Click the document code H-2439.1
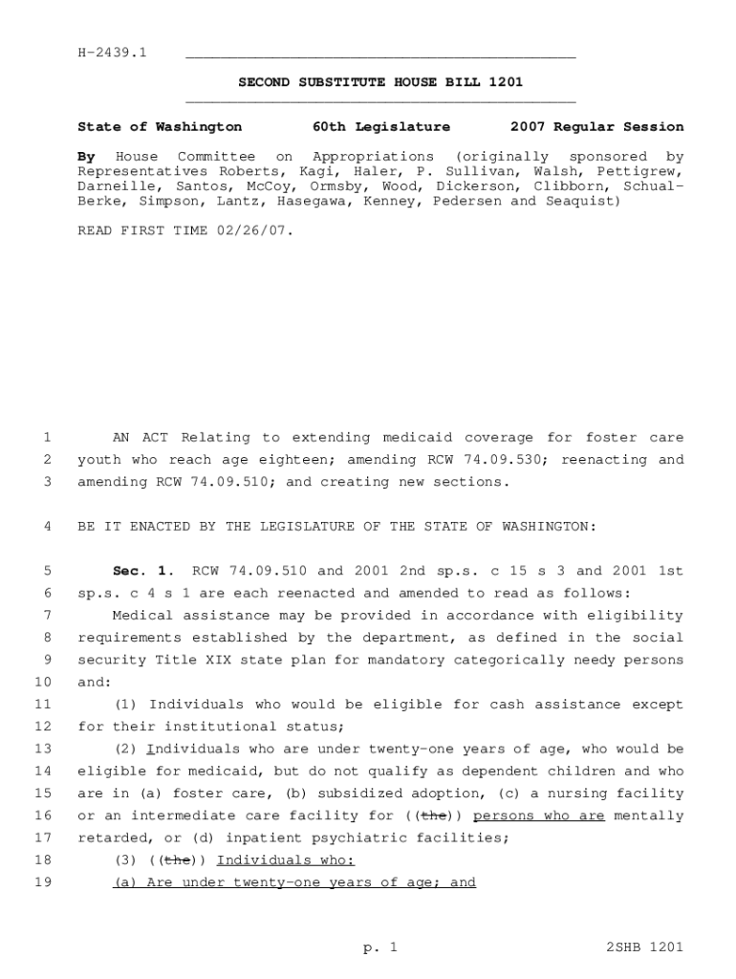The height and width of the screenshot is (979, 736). pyautogui.click(x=112, y=52)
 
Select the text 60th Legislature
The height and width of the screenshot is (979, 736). pyautogui.click(x=380, y=126)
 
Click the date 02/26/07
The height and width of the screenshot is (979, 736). pyautogui.click(x=258, y=231)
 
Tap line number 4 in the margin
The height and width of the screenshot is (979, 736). pyautogui.click(x=47, y=527)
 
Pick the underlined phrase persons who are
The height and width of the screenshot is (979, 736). pyautogui.click(x=539, y=816)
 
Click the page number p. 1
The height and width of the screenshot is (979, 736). pyautogui.click(x=379, y=947)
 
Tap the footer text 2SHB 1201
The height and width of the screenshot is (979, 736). pyautogui.click(x=644, y=947)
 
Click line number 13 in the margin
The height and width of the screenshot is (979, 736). pyautogui.click(x=43, y=749)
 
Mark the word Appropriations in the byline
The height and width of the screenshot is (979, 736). pyautogui.click(x=373, y=156)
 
